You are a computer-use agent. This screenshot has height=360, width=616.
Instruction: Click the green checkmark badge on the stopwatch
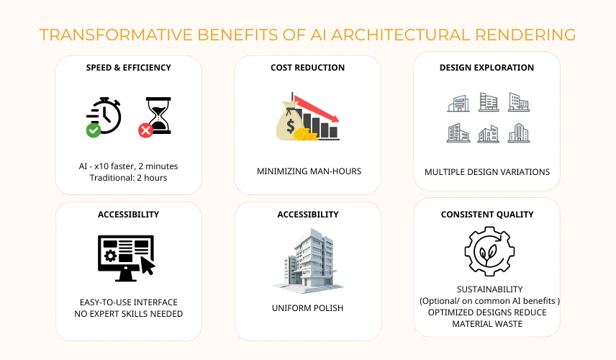[x=94, y=130]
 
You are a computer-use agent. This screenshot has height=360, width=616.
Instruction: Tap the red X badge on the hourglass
[x=145, y=130]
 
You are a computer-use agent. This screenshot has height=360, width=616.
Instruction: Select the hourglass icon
[x=158, y=115]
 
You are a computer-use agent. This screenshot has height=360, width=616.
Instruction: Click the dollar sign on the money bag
[x=290, y=125]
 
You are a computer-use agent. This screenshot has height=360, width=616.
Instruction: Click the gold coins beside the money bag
[x=306, y=135]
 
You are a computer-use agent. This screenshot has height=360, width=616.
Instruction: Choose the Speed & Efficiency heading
[x=129, y=68]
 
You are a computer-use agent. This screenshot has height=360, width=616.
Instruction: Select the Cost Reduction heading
[x=307, y=68]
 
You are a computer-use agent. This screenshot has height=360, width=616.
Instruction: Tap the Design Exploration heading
[x=486, y=68]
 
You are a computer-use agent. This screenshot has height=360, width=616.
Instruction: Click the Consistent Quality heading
[x=487, y=215]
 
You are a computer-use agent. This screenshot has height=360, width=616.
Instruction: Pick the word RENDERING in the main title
[x=525, y=35]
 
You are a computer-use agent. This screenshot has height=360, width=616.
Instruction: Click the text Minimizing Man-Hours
[x=309, y=171]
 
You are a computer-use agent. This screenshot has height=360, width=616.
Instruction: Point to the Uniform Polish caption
[x=307, y=308]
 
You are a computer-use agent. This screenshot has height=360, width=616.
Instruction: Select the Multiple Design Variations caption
[x=487, y=172]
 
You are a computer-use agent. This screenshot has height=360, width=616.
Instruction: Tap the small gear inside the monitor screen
[x=110, y=256]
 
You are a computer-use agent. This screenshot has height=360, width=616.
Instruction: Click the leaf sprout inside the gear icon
[x=489, y=254]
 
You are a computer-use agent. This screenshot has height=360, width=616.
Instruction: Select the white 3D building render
[x=307, y=261]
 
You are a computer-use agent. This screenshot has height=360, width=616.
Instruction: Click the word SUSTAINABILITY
[x=489, y=289]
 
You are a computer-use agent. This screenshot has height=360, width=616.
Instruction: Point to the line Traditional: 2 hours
[x=129, y=178]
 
